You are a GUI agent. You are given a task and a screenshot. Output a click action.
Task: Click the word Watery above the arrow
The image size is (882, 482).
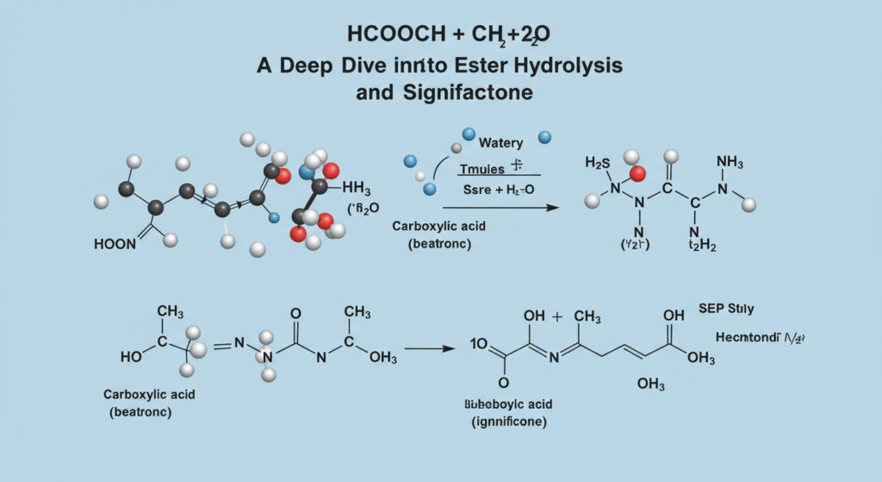500,141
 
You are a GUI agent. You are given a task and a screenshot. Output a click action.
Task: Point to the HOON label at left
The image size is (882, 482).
115,245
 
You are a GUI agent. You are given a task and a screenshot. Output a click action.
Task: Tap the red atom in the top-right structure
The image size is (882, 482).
637,175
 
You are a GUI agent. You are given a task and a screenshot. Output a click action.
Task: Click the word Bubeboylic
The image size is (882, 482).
482,404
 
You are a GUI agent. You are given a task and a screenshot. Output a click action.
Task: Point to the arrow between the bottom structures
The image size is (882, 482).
429,348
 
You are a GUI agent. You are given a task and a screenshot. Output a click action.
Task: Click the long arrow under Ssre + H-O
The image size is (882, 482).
500,208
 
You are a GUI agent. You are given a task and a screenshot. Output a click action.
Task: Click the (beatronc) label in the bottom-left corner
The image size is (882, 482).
140,412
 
